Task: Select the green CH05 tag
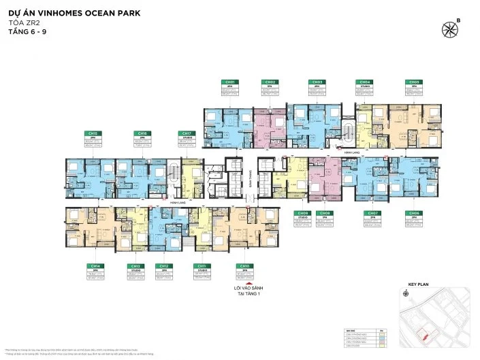click(x=412, y=82)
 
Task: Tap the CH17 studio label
click(x=185, y=133)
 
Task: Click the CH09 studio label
click(x=301, y=213)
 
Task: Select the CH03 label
click(x=317, y=82)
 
